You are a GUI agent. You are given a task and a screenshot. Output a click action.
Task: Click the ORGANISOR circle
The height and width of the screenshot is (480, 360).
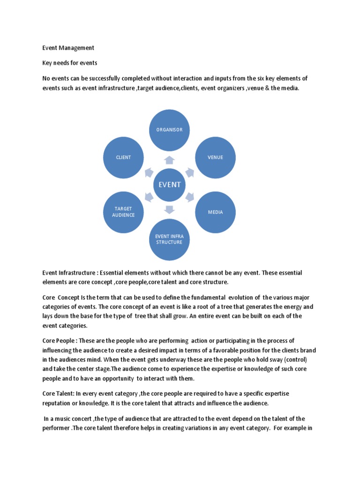coord(169,129)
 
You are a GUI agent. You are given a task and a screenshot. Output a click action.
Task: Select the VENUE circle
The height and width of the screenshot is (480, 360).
coord(215,157)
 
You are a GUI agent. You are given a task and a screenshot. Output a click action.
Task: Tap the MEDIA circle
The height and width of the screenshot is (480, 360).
coord(215,212)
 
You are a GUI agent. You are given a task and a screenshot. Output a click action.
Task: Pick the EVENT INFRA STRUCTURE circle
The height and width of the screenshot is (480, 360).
coord(169,239)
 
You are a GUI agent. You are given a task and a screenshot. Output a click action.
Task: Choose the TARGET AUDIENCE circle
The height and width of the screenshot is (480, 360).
coord(123,212)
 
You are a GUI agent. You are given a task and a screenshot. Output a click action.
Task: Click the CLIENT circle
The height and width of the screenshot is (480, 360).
coord(123,157)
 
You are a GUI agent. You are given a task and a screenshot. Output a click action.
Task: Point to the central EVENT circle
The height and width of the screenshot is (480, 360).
coord(169,184)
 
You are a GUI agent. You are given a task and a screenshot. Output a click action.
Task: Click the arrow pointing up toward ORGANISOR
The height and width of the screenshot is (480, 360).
coord(169,160)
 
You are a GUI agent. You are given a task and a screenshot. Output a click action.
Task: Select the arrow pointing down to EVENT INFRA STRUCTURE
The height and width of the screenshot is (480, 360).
coord(169,209)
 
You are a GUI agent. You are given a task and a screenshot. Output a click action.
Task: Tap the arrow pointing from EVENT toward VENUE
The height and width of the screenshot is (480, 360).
coord(190,172)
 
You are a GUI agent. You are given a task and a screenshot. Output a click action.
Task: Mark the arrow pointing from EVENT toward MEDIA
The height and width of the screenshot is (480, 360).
coord(190,197)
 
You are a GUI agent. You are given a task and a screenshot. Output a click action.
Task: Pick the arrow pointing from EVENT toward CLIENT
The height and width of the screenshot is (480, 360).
coord(149,172)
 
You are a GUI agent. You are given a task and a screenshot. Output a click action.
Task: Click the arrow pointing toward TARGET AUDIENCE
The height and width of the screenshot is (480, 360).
coord(149,197)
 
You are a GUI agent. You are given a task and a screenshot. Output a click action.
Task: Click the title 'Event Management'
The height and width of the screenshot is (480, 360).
coord(68,48)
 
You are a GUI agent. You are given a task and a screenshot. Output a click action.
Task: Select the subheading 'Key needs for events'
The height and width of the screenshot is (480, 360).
coord(69,63)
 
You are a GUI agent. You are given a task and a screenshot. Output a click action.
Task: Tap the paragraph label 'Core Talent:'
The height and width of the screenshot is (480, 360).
coord(59,394)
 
